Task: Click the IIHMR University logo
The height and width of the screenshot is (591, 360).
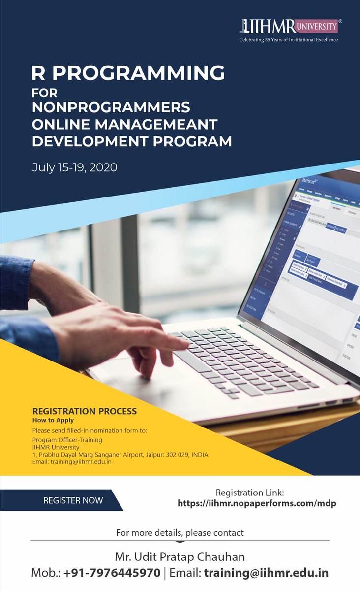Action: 289,26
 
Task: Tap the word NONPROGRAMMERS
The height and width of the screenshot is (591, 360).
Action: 111,107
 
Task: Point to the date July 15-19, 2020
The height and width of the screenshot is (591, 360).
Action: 75,167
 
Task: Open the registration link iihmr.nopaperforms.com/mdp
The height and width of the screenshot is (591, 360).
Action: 257,503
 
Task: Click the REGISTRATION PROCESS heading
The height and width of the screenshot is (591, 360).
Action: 84,411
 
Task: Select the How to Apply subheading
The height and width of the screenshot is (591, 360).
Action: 53,420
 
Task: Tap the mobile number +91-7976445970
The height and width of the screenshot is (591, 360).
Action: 112,573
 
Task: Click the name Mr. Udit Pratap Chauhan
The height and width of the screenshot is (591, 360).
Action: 180,557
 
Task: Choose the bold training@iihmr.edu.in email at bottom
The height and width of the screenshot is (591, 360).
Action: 266,573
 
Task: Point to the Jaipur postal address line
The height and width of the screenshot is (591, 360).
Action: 120,454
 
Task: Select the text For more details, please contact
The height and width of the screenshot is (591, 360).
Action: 180,532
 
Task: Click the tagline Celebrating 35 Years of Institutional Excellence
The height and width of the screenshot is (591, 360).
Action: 289,39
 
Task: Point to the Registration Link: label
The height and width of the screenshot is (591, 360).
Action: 257,492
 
